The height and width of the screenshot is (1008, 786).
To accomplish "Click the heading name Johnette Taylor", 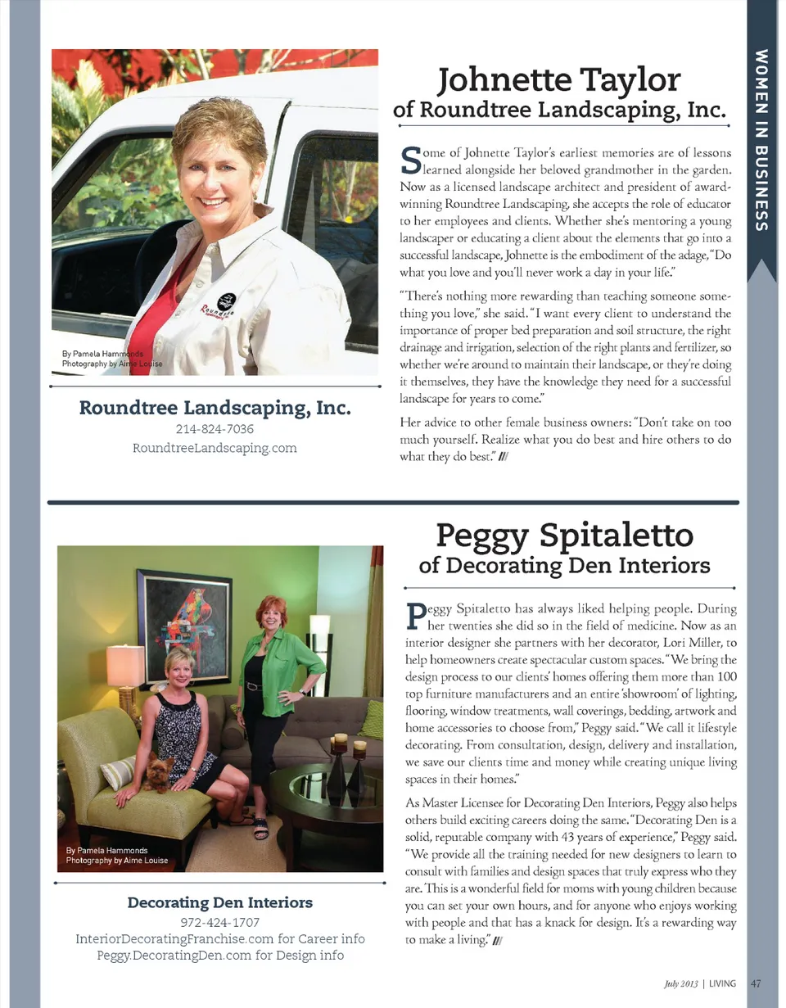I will point(560,79).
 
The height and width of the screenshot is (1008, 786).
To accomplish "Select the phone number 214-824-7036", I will point(215,430).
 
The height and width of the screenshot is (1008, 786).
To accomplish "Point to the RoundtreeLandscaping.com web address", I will point(215,448).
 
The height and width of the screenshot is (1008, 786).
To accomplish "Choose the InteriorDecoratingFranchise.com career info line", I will point(219,939).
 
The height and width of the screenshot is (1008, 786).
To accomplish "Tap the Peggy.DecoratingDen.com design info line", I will point(219,955).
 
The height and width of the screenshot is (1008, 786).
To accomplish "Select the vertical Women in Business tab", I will point(761,139).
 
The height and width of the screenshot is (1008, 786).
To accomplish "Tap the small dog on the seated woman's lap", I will point(158,772).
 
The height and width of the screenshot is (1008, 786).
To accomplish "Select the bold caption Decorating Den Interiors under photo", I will point(219,903).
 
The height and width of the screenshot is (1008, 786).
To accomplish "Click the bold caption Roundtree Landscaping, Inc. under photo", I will point(215,407).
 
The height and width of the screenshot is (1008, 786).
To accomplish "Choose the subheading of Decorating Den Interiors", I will point(564,565).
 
